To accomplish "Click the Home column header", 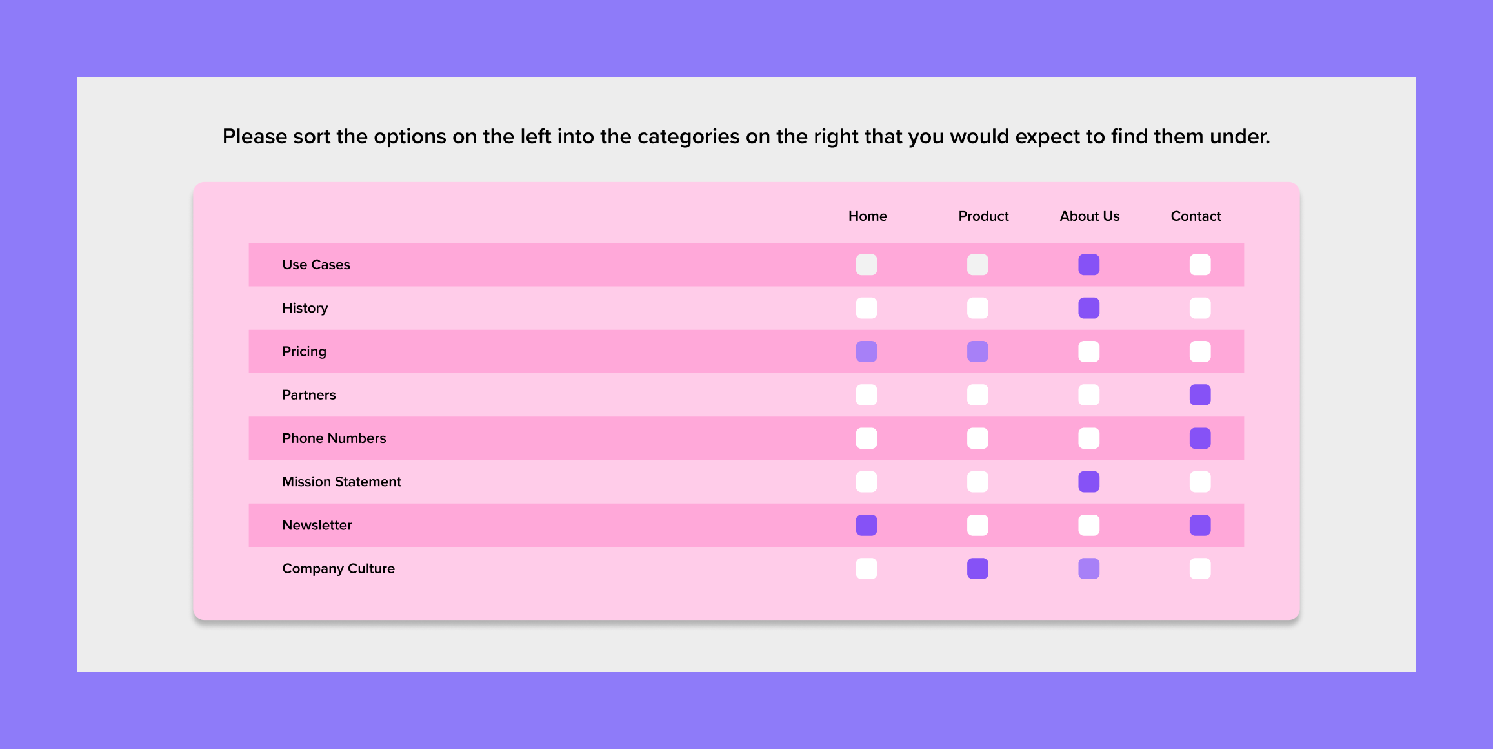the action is (x=867, y=216).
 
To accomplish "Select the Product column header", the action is (x=983, y=216).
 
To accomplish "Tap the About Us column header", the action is (x=1089, y=216).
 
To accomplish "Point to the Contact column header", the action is (x=1196, y=216).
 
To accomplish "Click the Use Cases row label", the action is (x=316, y=265).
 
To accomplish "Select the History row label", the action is (x=305, y=308).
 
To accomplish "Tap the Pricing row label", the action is (x=304, y=352).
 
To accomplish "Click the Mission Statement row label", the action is (x=341, y=482).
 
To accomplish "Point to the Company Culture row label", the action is (x=338, y=569).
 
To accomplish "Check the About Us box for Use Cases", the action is (x=1089, y=265).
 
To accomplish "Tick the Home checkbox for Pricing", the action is (x=867, y=352).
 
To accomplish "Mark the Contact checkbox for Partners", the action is (x=1200, y=395).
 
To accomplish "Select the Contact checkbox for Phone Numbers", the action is (x=1200, y=438).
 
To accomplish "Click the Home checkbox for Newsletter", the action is (x=867, y=526).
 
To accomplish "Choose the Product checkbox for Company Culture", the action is (x=977, y=569).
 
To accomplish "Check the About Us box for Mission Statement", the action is (x=1089, y=482).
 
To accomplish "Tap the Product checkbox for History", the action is (x=977, y=308).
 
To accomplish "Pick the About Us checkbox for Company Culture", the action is (x=1089, y=569).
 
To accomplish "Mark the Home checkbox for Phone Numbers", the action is (x=867, y=438).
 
